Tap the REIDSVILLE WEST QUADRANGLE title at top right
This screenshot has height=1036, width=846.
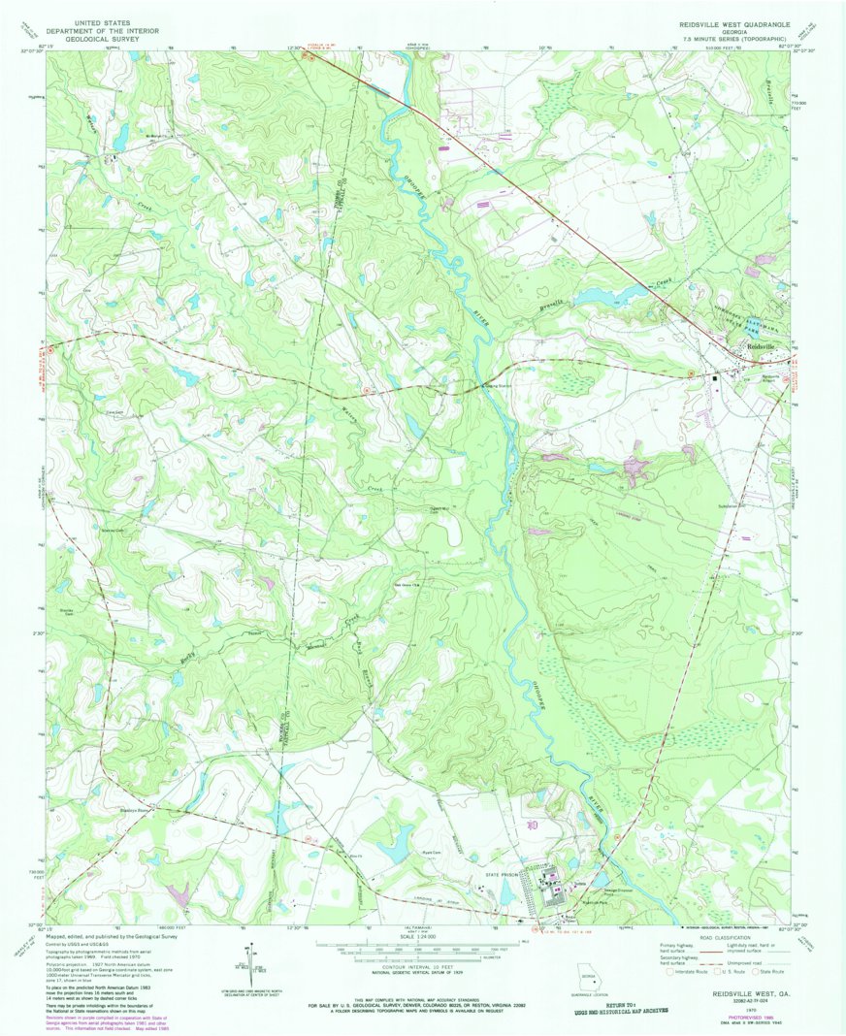pyautogui.click(x=734, y=21)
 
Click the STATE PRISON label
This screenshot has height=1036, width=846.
pyautogui.click(x=504, y=874)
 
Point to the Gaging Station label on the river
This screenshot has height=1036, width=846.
pyautogui.click(x=498, y=385)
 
